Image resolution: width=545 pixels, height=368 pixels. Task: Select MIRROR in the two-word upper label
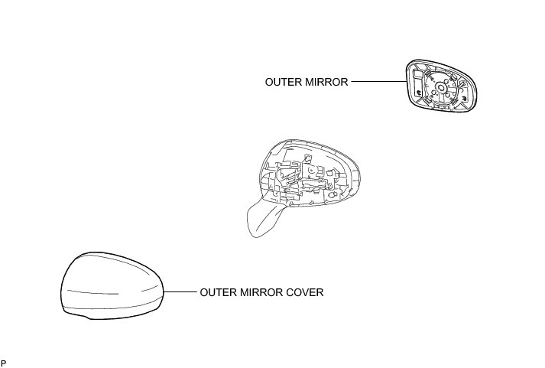pos(327,81)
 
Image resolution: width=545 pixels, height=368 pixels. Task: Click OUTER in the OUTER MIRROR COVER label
pos(218,292)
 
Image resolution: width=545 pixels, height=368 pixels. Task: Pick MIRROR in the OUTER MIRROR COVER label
pos(261,292)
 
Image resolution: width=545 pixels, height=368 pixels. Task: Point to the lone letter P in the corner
pos(4,361)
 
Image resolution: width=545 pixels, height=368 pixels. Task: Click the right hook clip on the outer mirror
pos(464,99)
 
